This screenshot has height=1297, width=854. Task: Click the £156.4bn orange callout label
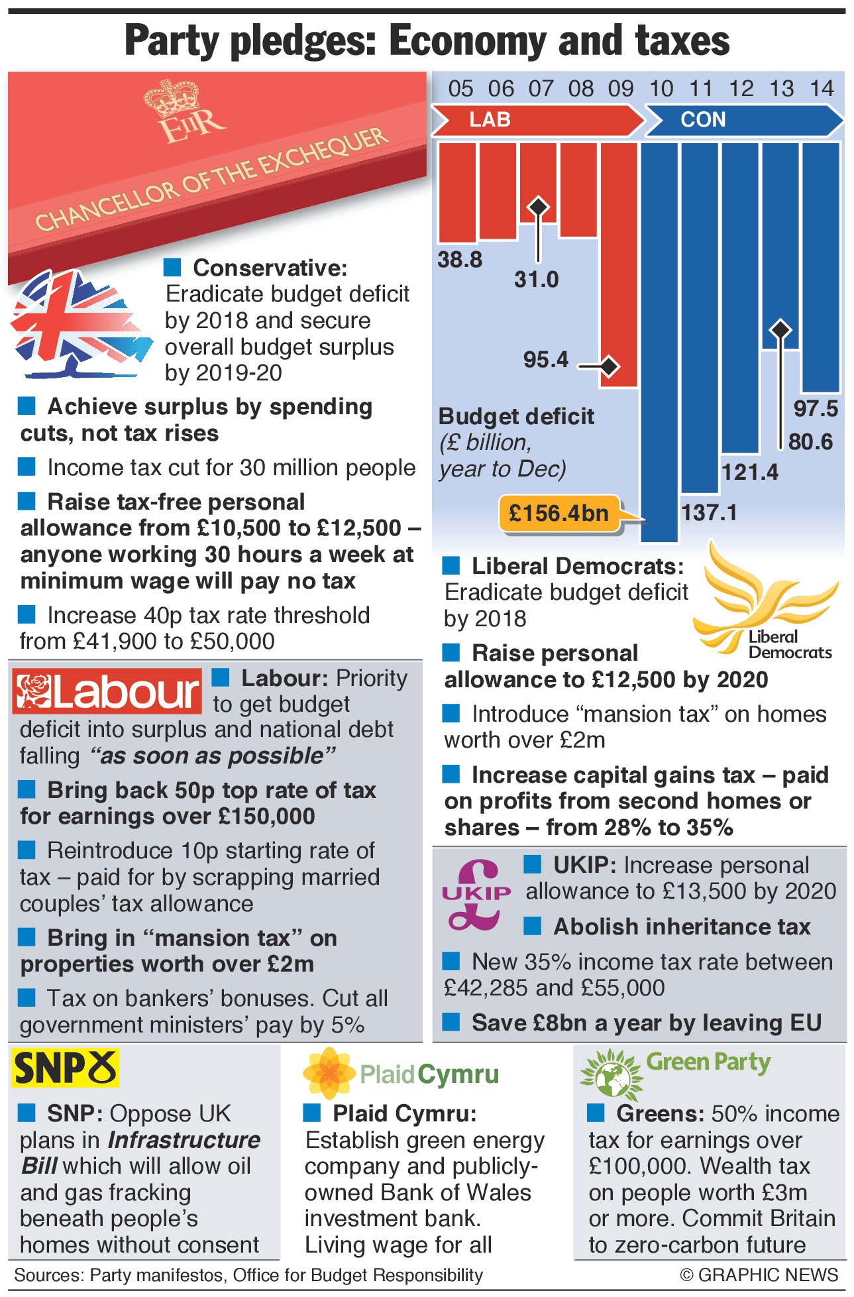click(x=559, y=513)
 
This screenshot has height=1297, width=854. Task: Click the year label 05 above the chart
click(x=460, y=89)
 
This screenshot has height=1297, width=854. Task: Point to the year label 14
click(x=822, y=89)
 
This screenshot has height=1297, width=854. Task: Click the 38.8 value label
click(x=460, y=260)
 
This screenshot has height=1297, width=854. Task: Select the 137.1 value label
click(x=709, y=513)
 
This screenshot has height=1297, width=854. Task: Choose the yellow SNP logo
click(x=65, y=1068)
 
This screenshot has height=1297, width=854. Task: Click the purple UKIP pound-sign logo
click(x=476, y=894)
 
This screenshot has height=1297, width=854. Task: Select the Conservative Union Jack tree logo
click(x=78, y=323)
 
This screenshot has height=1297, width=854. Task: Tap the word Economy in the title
click(x=468, y=41)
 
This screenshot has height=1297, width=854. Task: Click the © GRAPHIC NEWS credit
click(x=759, y=1274)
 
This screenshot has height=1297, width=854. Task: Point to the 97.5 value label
click(x=816, y=409)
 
